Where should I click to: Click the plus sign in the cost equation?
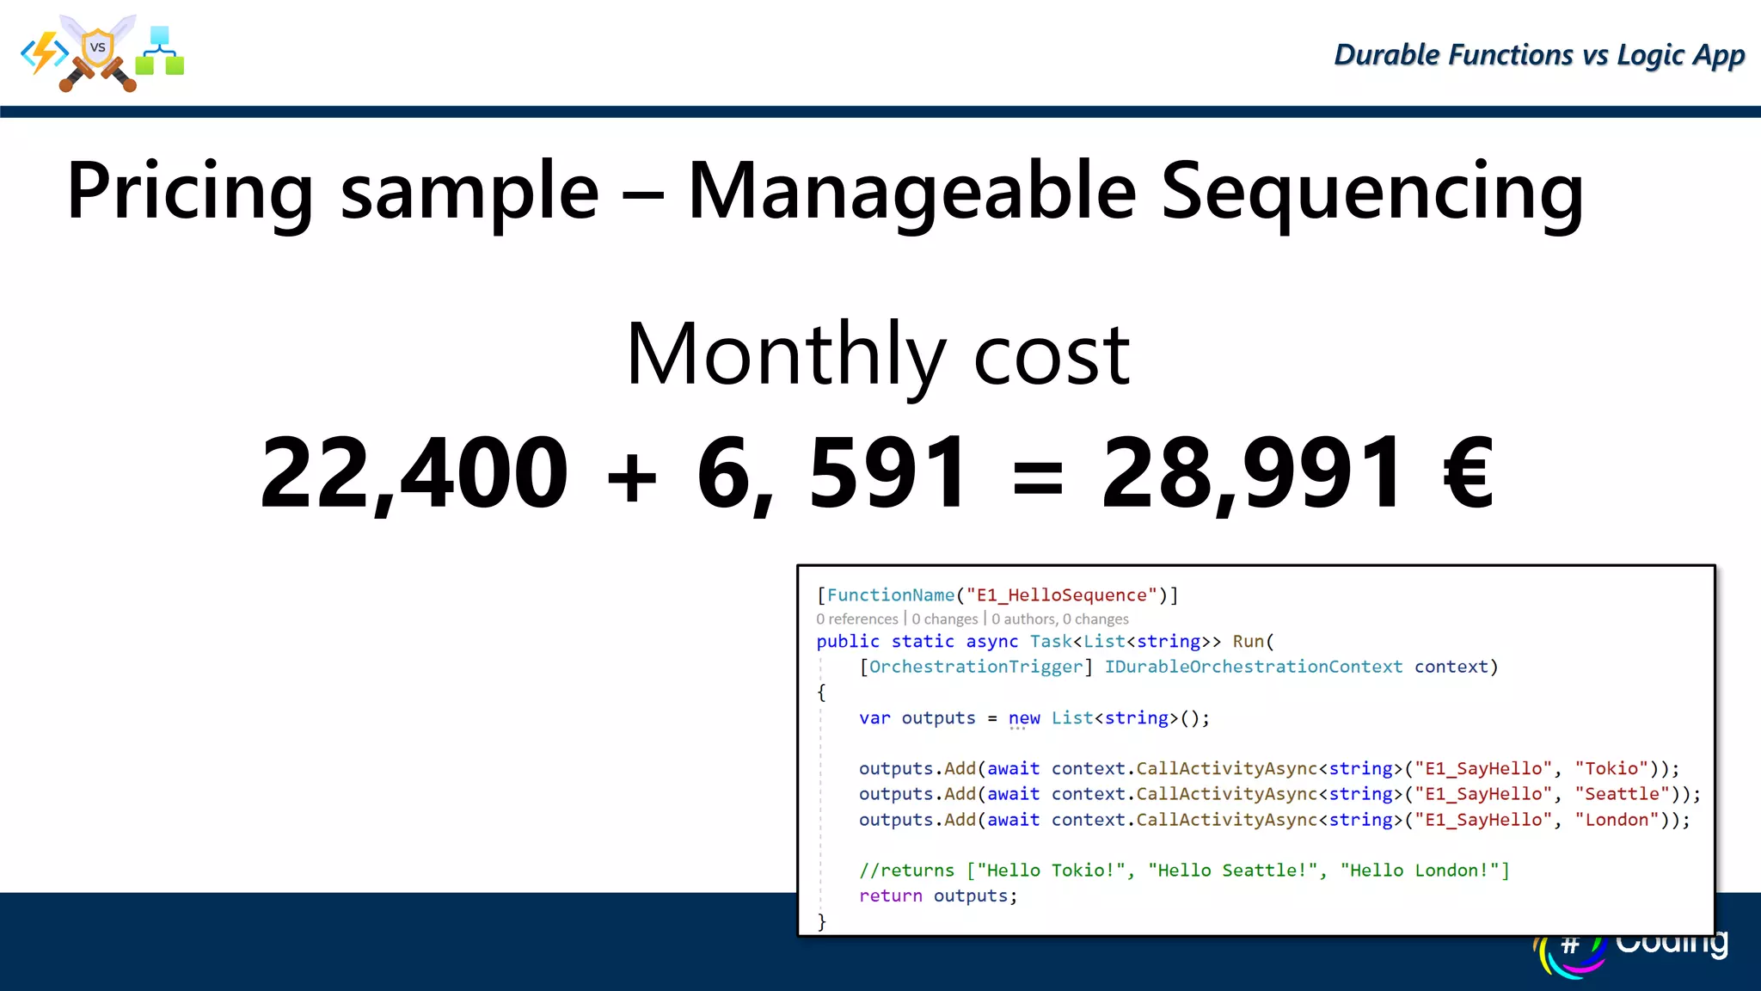point(632,477)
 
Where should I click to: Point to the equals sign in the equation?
point(1038,477)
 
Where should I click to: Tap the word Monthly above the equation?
point(786,354)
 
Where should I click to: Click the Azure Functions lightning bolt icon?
point(45,53)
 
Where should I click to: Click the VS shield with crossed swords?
point(98,52)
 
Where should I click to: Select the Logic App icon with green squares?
point(160,52)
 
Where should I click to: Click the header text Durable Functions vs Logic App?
point(1539,55)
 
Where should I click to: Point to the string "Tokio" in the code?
point(1611,768)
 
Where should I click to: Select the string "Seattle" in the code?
point(1622,794)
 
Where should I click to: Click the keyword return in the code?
point(890,896)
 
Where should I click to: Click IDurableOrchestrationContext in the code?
point(1253,667)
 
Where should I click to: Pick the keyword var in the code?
point(874,718)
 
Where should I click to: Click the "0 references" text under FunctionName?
point(856,619)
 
